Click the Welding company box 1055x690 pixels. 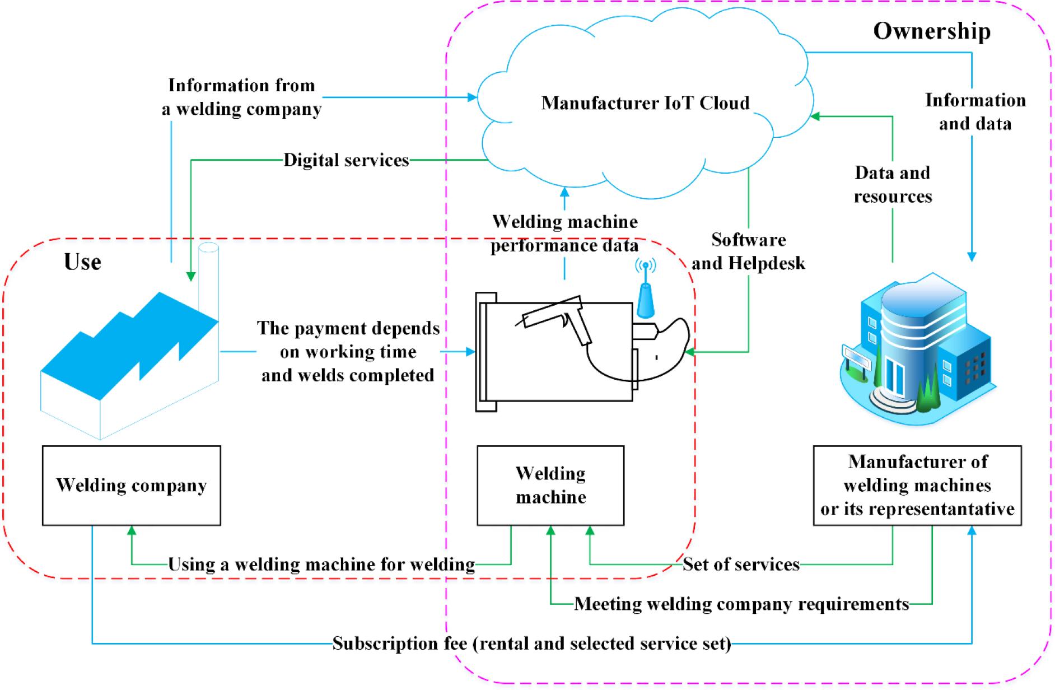[131, 485]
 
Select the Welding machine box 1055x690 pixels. [550, 485]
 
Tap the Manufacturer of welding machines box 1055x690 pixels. [917, 485]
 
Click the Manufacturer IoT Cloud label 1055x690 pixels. [645, 103]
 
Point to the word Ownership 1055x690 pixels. [932, 31]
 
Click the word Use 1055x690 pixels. [82, 262]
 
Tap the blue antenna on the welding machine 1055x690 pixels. [645, 294]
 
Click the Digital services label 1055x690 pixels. [346, 160]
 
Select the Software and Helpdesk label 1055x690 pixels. [748, 251]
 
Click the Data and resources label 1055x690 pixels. [893, 184]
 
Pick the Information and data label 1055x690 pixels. [975, 111]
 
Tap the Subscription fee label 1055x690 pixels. [531, 644]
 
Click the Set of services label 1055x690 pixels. [741, 564]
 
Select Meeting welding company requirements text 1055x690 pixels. [741, 604]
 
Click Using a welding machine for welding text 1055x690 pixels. [321, 564]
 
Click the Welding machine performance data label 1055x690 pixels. [564, 234]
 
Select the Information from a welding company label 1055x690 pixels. [242, 97]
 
